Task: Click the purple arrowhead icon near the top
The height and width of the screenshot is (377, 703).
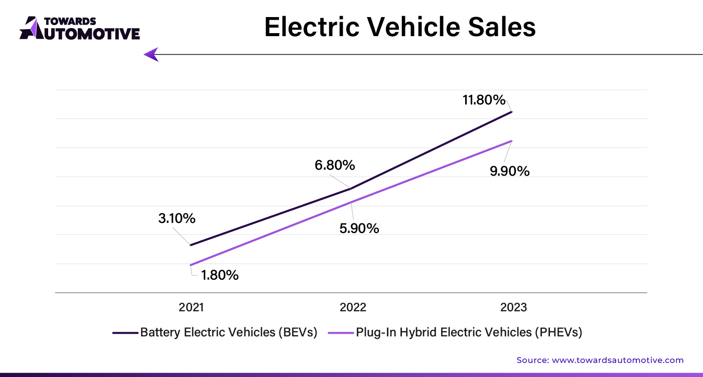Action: (x=151, y=54)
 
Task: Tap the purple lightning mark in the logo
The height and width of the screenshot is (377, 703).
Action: (x=33, y=27)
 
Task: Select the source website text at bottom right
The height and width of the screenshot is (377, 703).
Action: (x=600, y=360)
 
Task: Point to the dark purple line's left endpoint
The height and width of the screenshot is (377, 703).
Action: (x=191, y=245)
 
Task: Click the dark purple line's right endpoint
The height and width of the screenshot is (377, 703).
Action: (x=512, y=112)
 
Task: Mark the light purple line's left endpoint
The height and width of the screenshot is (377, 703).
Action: (x=191, y=265)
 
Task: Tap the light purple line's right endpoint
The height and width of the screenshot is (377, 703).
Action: (x=512, y=141)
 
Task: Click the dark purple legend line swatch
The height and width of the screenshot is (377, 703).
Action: (x=124, y=333)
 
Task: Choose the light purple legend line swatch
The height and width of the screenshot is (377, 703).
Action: (x=340, y=333)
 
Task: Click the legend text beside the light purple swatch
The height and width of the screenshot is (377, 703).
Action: (x=468, y=333)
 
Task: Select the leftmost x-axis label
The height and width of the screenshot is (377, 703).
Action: (x=191, y=307)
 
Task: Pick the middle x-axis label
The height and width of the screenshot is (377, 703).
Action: (x=353, y=307)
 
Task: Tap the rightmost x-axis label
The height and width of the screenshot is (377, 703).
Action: (x=513, y=307)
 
